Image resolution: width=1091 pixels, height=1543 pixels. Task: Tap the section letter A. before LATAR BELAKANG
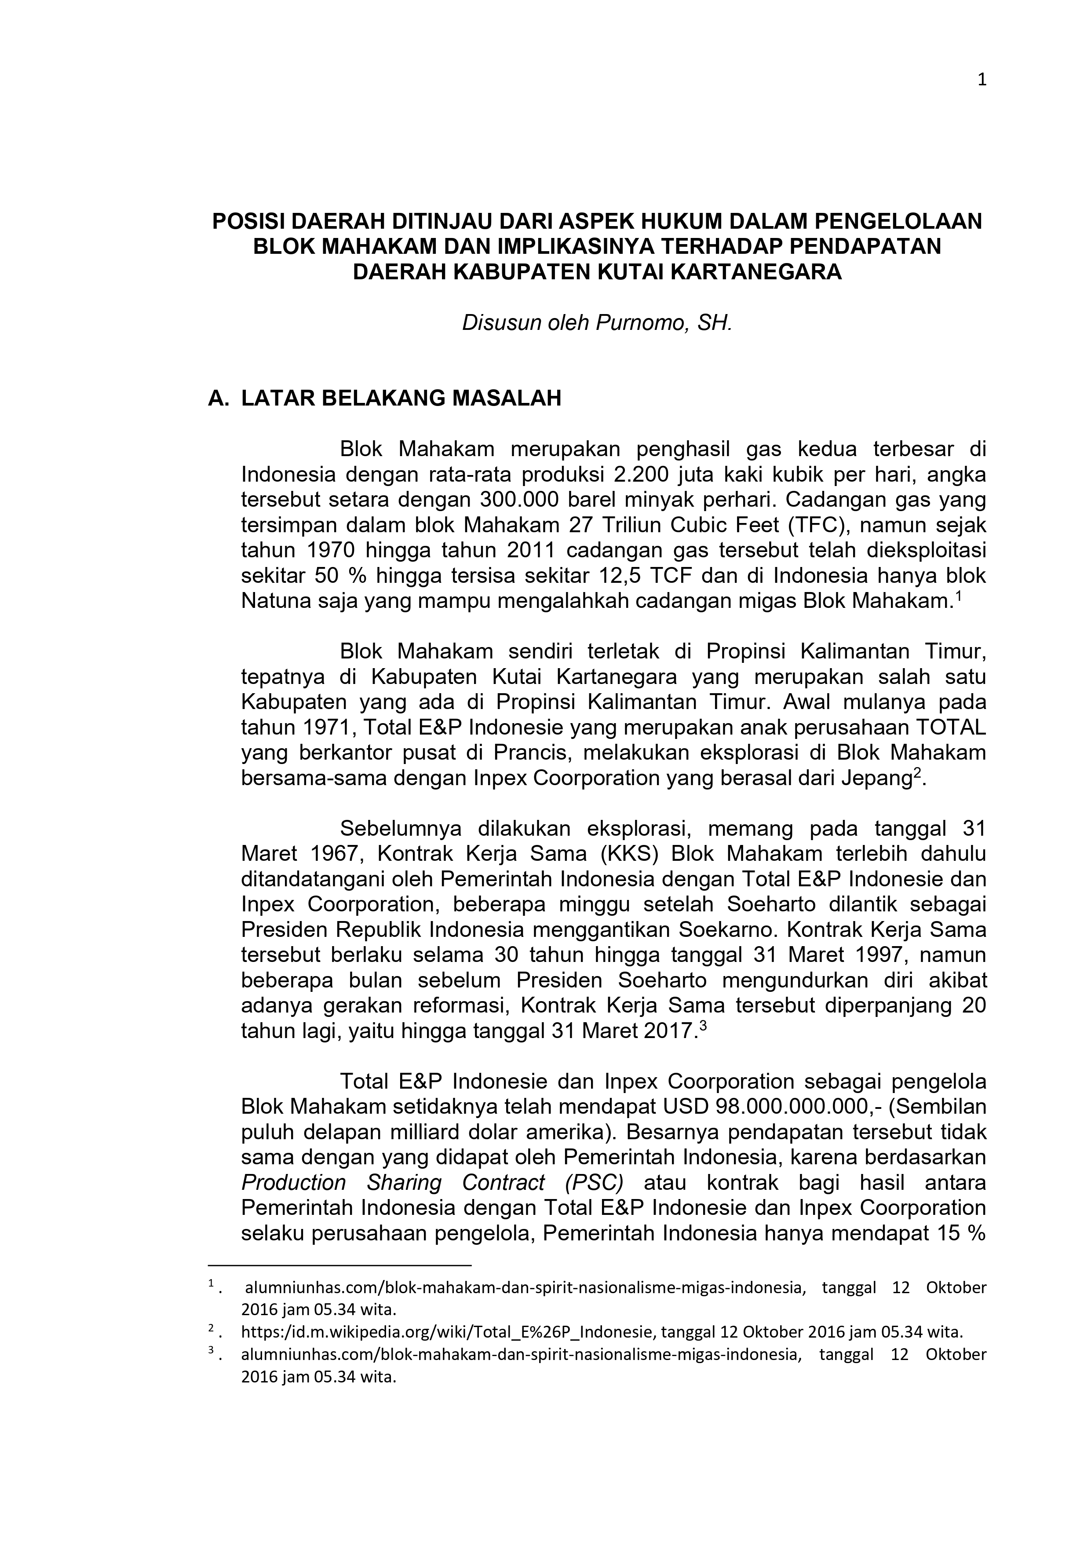point(219,399)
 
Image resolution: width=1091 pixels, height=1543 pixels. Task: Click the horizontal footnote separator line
point(340,1265)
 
